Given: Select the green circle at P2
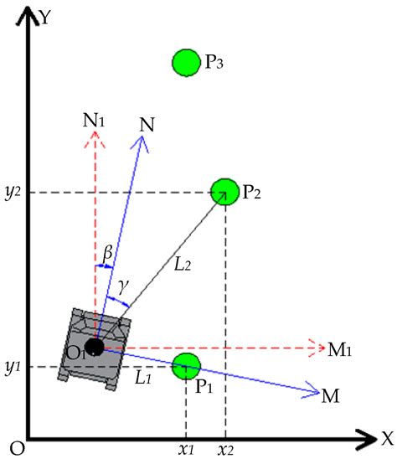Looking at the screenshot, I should pos(224,192).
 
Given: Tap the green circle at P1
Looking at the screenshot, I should pos(186,366).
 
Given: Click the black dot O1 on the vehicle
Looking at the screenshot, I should pos(95,346).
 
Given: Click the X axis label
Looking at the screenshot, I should pos(386,437).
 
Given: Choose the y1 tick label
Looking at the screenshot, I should pos(13,367).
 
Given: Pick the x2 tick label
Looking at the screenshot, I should pos(226,450).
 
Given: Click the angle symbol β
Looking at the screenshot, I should pos(106,250).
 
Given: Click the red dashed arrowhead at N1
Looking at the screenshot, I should pos(95,140).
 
